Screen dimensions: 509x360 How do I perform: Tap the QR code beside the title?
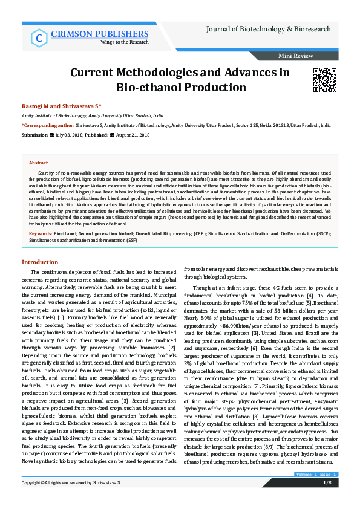(x=324, y=80)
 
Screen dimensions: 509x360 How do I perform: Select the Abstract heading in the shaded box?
(x=39, y=163)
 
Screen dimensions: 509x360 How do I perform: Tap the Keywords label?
(x=41, y=232)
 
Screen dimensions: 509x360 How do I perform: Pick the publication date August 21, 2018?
(x=132, y=134)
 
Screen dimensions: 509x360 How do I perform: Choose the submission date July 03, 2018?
(x=73, y=134)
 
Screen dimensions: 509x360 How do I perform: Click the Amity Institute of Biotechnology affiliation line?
(x=92, y=114)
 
